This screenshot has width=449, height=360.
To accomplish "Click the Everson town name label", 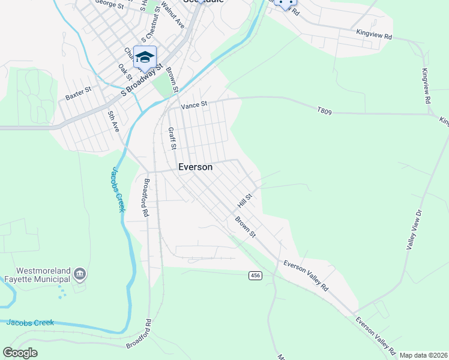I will point(195,167).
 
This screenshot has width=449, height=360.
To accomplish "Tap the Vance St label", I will point(194,104).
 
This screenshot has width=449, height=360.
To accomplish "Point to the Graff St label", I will point(172,138).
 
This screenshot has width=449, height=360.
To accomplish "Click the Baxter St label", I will point(78,93).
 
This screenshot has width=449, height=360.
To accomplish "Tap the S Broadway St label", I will point(142,80).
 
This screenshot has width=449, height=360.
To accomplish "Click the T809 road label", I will point(324,110).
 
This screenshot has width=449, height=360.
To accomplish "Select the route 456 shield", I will point(256,275).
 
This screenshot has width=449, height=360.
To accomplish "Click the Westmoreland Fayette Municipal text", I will point(36,274).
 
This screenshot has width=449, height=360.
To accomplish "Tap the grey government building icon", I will point(80,275).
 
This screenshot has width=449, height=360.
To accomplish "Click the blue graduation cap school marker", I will point(145,57).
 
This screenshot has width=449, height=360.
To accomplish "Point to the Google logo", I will point(20,353).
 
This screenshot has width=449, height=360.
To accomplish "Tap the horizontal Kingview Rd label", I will point(373,34).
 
